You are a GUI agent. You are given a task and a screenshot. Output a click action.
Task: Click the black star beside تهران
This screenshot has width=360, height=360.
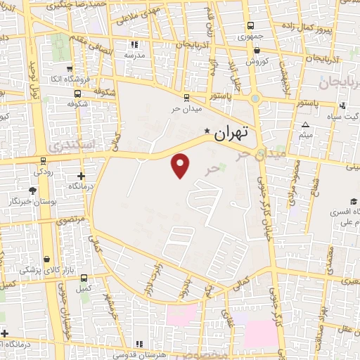coord(207,131)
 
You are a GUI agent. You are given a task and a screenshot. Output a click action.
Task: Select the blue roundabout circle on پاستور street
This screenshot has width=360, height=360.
coord(255,99)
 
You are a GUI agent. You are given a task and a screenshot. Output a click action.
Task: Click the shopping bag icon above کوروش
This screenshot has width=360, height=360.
coord(257,50)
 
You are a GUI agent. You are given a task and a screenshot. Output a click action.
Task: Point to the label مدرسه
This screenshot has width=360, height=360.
coord(134,54)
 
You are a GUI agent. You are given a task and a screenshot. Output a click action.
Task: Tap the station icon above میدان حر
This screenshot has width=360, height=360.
coord(186,98)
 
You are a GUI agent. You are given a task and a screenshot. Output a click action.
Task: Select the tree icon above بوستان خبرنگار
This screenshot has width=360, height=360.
coord(32,190)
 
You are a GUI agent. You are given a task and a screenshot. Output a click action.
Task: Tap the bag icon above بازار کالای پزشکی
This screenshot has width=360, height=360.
coord(46,259)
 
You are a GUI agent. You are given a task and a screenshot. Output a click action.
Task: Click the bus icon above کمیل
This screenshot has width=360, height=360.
coord(84,277)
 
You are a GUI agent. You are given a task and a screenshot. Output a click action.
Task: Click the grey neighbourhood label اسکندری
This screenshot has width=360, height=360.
coord(70,145)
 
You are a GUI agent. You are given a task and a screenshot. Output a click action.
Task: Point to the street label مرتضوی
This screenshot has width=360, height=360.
coord(71,220)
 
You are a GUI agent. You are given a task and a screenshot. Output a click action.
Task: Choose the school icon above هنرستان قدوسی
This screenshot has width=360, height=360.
coord(140,343)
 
